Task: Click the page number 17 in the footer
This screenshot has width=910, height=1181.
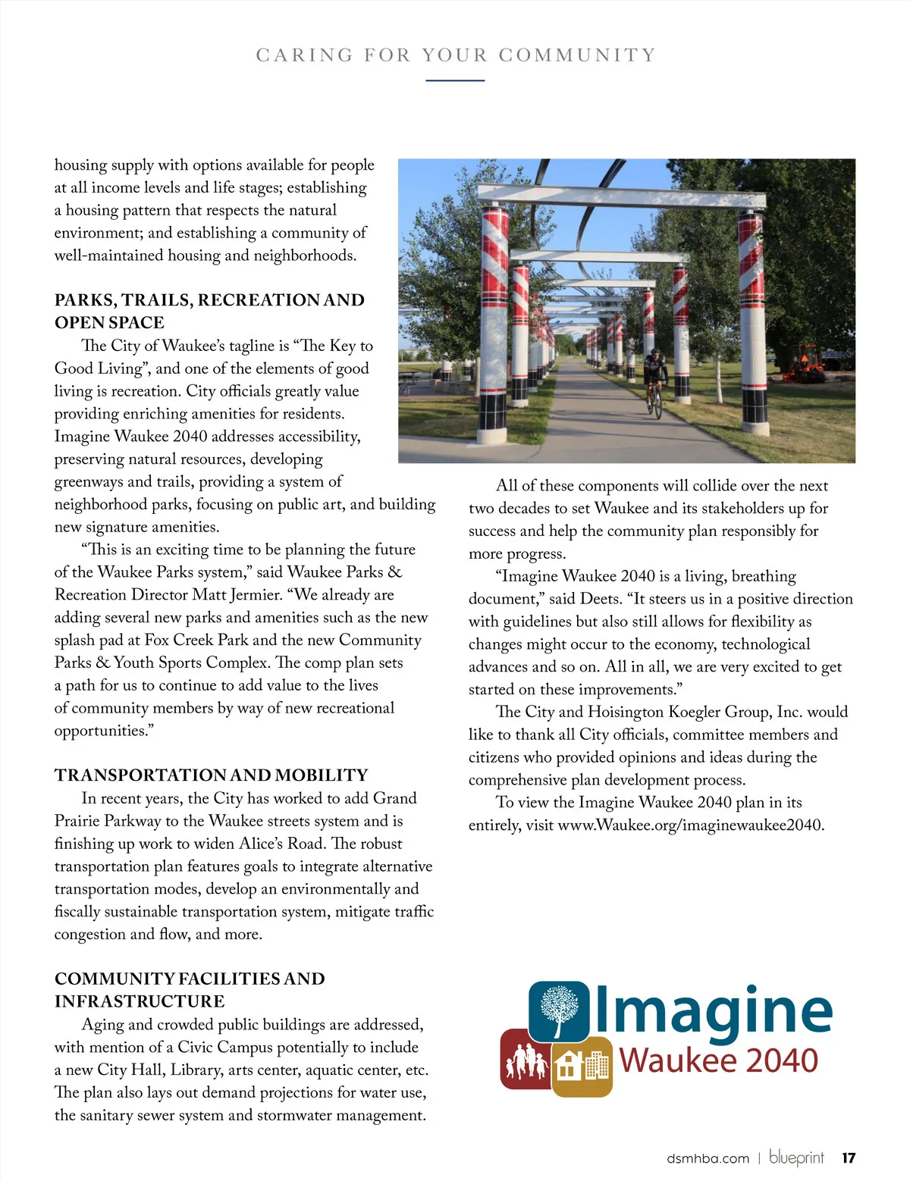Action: tap(849, 1158)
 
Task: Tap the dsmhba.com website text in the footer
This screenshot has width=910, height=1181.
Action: tap(708, 1158)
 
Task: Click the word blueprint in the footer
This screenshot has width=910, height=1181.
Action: tap(796, 1158)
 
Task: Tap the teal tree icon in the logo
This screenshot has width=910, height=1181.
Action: tap(559, 1010)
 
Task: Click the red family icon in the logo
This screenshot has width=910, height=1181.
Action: tap(525, 1059)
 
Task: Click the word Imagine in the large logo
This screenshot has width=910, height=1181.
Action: tap(714, 1011)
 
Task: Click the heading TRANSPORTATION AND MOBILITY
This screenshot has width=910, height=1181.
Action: tap(211, 775)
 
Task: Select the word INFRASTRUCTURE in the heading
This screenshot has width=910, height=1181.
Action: tap(140, 1001)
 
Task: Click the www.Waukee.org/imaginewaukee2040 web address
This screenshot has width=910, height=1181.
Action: tap(691, 825)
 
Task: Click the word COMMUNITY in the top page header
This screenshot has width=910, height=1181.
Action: tap(576, 55)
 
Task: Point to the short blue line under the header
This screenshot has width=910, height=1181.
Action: tap(455, 80)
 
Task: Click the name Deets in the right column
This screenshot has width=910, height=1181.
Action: tap(600, 599)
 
